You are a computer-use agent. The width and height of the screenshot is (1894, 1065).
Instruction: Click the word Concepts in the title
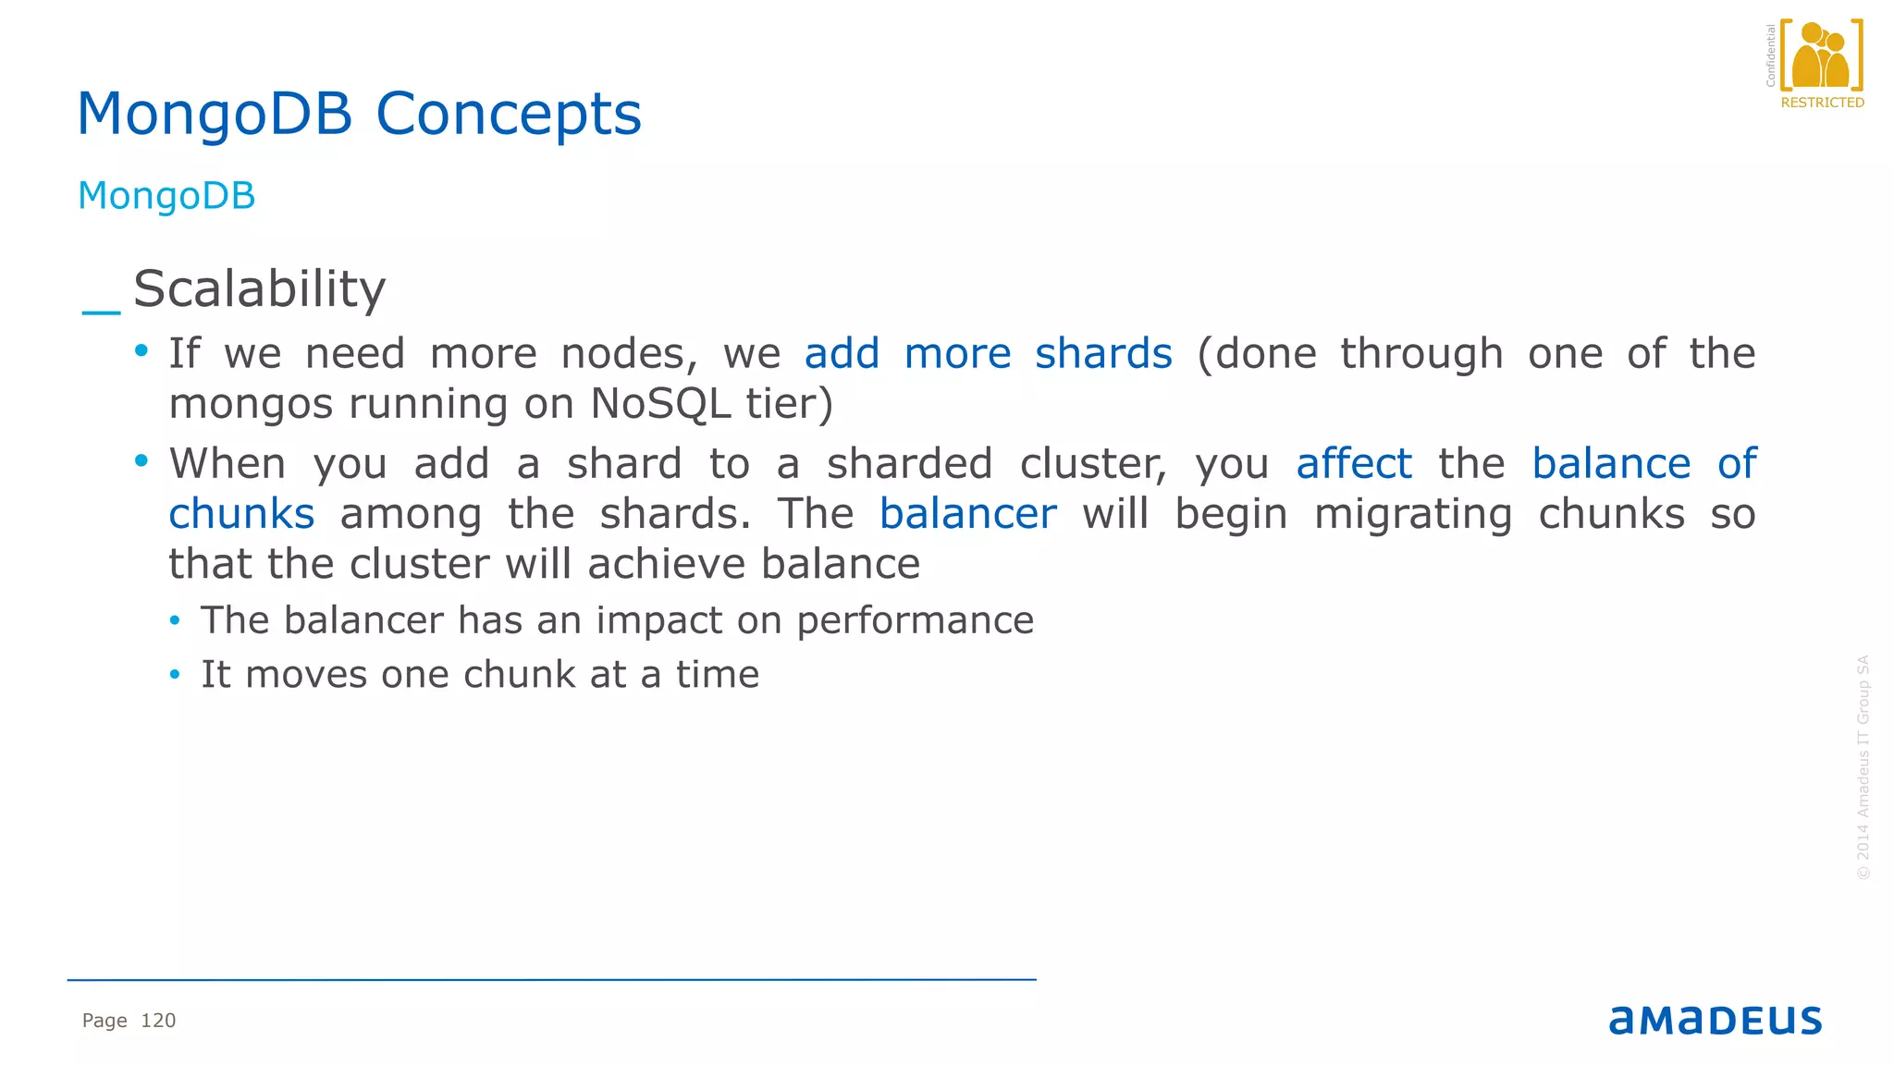click(508, 115)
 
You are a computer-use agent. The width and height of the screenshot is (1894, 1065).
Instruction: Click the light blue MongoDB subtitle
click(166, 196)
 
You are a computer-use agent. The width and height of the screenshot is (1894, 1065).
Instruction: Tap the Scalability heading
click(259, 289)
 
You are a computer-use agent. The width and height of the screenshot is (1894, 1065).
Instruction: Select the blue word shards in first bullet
click(1102, 354)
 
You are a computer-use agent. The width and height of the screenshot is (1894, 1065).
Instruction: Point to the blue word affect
click(1353, 464)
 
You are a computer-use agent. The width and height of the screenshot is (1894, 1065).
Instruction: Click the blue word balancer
click(967, 514)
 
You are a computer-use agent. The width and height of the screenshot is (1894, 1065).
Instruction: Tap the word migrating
click(1412, 514)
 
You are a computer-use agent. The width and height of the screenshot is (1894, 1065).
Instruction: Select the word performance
click(915, 620)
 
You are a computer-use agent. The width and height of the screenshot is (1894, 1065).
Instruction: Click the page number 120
click(158, 1021)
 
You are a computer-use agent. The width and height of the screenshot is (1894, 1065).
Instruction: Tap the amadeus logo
click(1715, 1020)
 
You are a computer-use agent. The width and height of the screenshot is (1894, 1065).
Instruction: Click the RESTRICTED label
click(1822, 103)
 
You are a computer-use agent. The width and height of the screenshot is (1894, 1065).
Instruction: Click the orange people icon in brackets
click(1820, 56)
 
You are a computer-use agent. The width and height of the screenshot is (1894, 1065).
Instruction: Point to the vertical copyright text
click(1863, 767)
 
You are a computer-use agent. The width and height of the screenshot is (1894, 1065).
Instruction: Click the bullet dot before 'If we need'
click(141, 350)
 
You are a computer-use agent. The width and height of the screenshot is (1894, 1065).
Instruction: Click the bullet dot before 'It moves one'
click(175, 676)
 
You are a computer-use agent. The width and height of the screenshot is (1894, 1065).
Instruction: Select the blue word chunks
click(241, 514)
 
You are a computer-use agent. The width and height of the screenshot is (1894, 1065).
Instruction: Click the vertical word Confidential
click(1770, 55)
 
